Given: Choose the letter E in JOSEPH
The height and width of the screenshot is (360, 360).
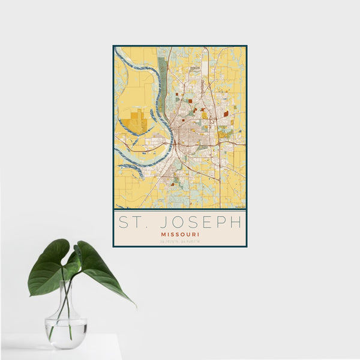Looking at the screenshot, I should tap(198, 222).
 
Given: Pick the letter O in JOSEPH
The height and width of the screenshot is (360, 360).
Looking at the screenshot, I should tap(169, 222).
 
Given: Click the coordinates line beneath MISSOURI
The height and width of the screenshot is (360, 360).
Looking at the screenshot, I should tap(179, 242).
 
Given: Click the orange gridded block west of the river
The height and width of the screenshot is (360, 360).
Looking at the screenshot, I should tap(137, 122).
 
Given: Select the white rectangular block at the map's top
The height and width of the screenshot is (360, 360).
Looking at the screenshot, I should tap(205, 66).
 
